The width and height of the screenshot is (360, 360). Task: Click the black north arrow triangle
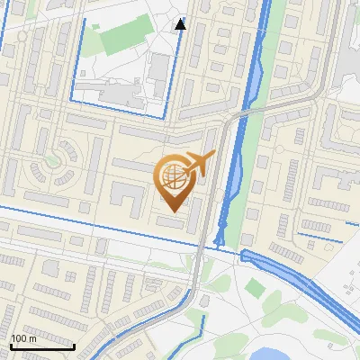(181, 23)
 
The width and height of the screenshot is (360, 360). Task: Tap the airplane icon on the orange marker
(197, 165)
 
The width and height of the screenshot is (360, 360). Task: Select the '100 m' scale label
(22, 338)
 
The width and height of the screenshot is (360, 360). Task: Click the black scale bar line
(42, 346)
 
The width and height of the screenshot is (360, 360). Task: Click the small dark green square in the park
(256, 288)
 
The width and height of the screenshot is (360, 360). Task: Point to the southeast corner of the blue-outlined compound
(165, 115)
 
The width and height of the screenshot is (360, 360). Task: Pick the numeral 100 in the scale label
(17, 338)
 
